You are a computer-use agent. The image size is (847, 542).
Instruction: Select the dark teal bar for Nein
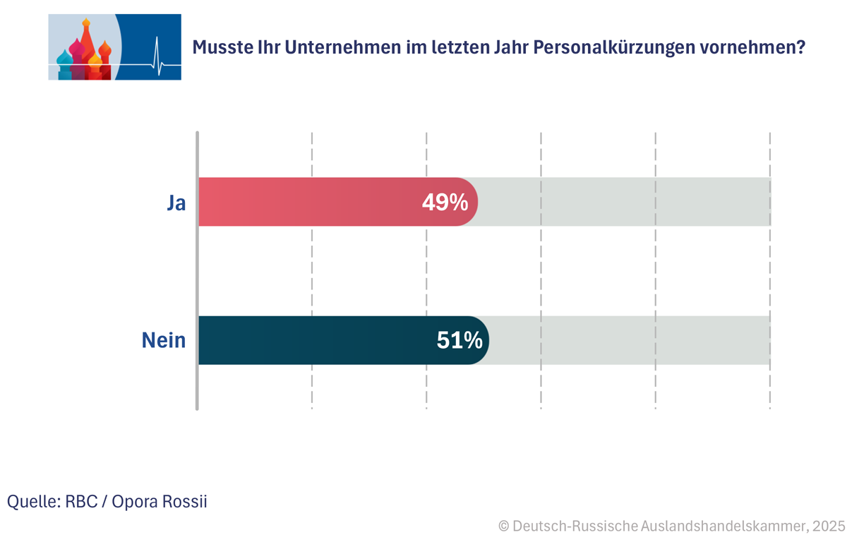318,340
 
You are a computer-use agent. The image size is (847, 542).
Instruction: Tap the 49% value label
445,203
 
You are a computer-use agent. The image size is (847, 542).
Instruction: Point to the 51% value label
459,341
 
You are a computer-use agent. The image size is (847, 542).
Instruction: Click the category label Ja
176,203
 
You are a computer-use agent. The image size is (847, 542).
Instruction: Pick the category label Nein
164,341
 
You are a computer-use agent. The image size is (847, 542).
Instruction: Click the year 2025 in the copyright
827,526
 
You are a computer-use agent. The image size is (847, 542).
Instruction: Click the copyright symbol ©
504,526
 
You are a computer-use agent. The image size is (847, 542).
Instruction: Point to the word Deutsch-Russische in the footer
575,526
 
